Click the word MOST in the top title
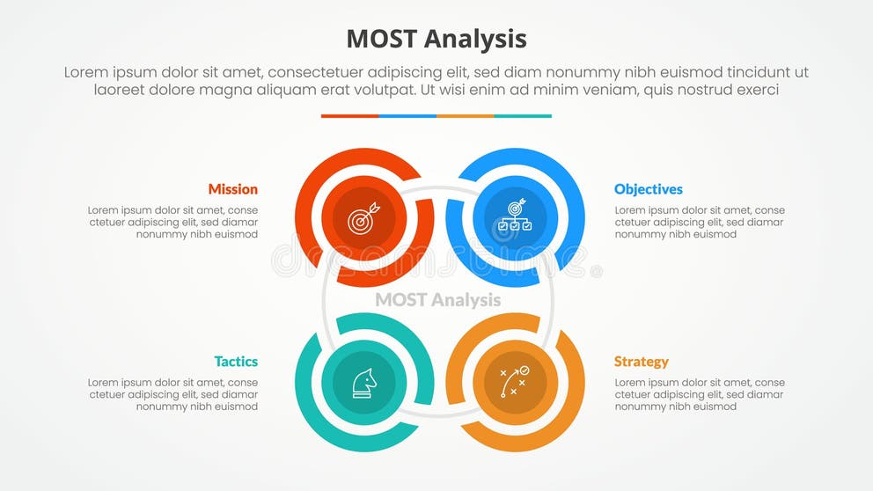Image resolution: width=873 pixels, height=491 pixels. pyautogui.click(x=380, y=40)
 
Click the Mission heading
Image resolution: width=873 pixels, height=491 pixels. pyautogui.click(x=233, y=189)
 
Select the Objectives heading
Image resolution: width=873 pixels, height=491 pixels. pyautogui.click(x=648, y=189)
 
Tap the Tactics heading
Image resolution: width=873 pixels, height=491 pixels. pyautogui.click(x=236, y=362)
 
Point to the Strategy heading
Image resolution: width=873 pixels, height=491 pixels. pyautogui.click(x=641, y=362)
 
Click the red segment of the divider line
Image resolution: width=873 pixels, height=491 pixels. pyautogui.click(x=349, y=116)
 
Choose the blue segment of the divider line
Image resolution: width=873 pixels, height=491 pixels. pyautogui.click(x=407, y=116)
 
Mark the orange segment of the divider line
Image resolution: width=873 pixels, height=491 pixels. pyautogui.click(x=465, y=116)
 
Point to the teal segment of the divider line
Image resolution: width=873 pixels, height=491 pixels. pyautogui.click(x=523, y=116)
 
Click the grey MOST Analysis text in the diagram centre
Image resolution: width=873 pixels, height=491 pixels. pyautogui.click(x=437, y=300)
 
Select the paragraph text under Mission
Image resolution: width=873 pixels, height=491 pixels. pyautogui.click(x=172, y=223)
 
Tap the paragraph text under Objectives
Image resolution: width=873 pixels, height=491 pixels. pyautogui.click(x=700, y=223)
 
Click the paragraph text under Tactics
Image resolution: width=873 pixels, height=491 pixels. pyautogui.click(x=172, y=395)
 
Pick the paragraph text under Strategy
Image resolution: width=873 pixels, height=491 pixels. pyautogui.click(x=700, y=395)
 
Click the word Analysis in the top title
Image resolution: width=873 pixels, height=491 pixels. pyautogui.click(x=475, y=40)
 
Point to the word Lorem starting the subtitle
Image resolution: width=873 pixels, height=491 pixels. pyautogui.click(x=86, y=73)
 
